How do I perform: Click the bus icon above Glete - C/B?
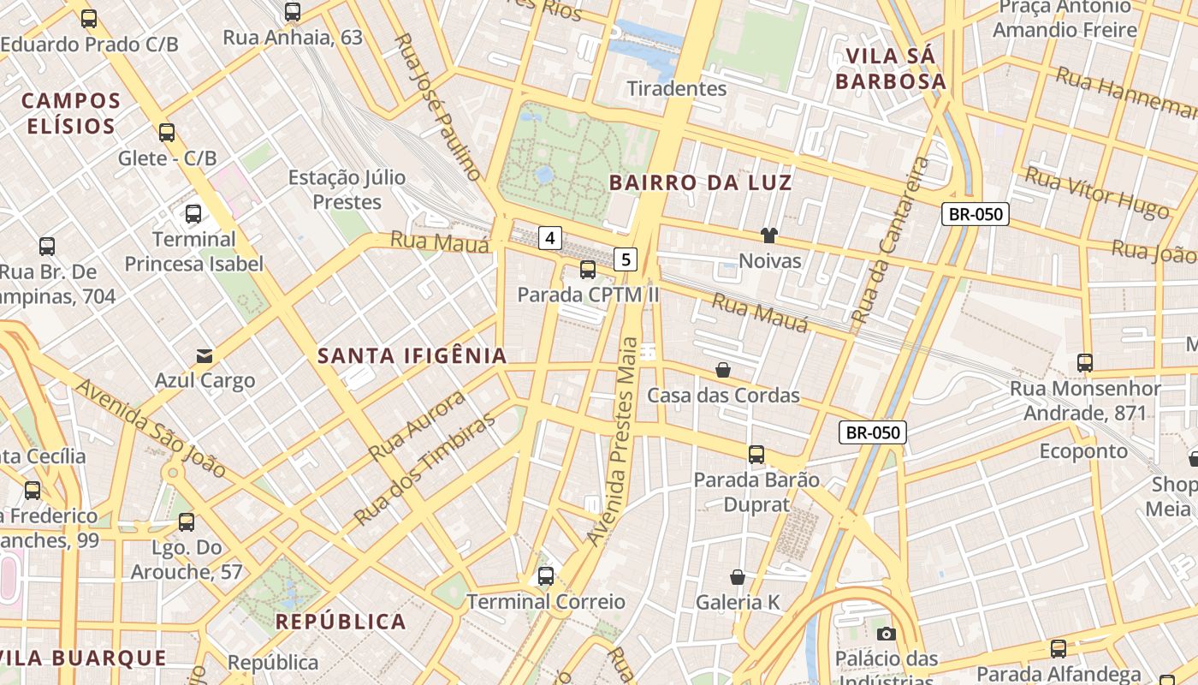coord(167,133)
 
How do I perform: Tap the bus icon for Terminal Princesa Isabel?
coord(193,214)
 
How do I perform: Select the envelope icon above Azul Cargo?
coord(205,355)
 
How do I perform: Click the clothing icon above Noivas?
coord(768,235)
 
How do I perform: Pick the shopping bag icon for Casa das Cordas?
coord(723,370)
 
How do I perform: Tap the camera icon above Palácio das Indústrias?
coord(887,634)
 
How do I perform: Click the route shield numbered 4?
coord(550,237)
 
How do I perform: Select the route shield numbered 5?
coord(626,259)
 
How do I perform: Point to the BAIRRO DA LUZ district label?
coord(700,182)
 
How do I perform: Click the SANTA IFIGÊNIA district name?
coord(412,356)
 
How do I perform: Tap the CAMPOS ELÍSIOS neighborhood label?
coord(71,113)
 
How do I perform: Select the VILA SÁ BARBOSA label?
coord(890,68)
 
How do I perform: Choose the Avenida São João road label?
coord(151,428)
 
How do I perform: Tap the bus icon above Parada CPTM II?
coord(588,270)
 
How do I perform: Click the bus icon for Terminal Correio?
coord(546,576)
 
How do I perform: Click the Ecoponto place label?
coord(1083,450)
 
